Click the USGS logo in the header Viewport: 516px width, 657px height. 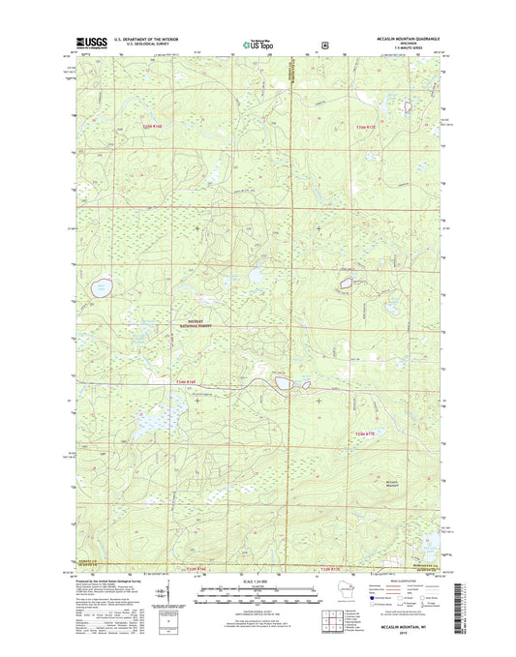click(88, 44)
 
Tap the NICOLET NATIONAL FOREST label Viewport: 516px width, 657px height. click(191, 326)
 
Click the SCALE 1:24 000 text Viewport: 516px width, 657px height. click(258, 580)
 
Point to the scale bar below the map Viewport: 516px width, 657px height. click(258, 592)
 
